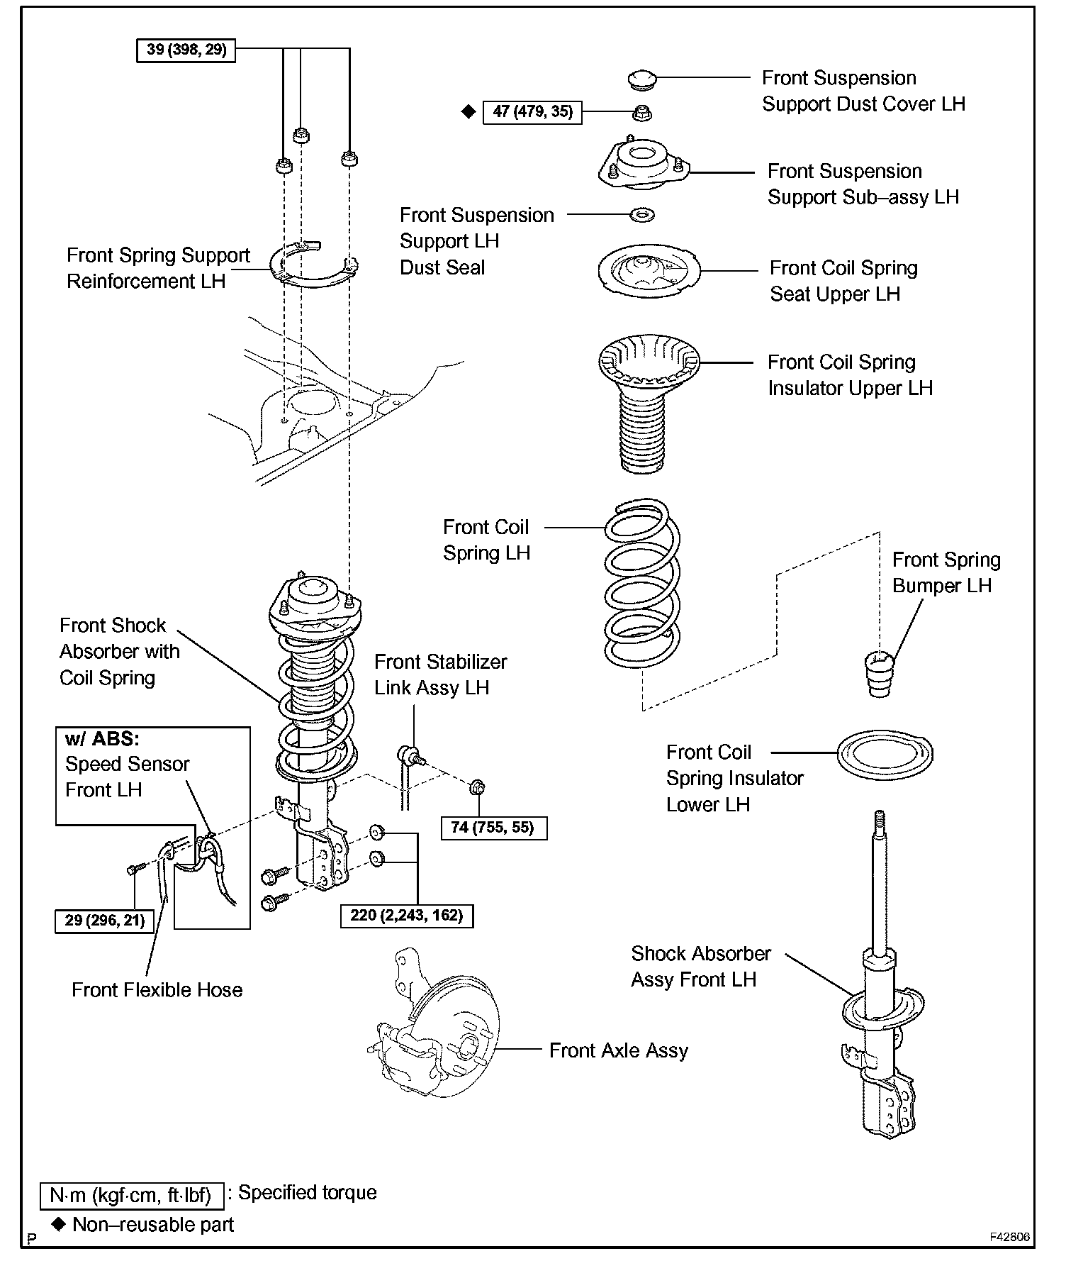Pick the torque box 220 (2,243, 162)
pyautogui.click(x=406, y=916)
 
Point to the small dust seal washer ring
pyautogui.click(x=641, y=214)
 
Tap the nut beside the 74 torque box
pyautogui.click(x=478, y=787)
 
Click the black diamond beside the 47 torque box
pyautogui.click(x=468, y=112)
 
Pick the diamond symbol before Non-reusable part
pyautogui.click(x=59, y=1223)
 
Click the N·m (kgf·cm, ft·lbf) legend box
pyautogui.click(x=132, y=1196)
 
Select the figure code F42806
pyautogui.click(x=1009, y=1237)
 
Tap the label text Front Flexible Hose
pyautogui.click(x=157, y=990)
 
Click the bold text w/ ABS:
pyautogui.click(x=102, y=739)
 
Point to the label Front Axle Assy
pyautogui.click(x=618, y=1050)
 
